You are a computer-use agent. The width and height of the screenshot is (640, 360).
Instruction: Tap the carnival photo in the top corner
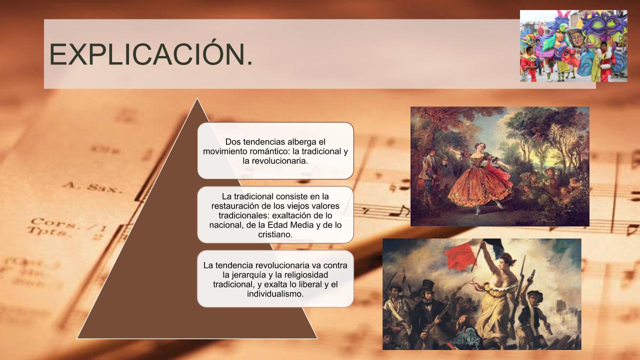pos(573,46)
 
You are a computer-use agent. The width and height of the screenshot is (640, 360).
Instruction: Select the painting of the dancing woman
pos(499,166)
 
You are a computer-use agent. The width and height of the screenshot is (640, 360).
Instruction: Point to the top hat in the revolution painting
pos(427,285)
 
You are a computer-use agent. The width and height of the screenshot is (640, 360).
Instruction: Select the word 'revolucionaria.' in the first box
pos(275,161)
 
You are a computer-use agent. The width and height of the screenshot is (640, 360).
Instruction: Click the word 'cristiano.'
pos(275,234)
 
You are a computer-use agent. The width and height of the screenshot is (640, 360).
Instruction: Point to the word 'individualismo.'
pos(275,293)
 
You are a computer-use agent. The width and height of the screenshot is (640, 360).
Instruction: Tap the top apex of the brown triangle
pos(197,98)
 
